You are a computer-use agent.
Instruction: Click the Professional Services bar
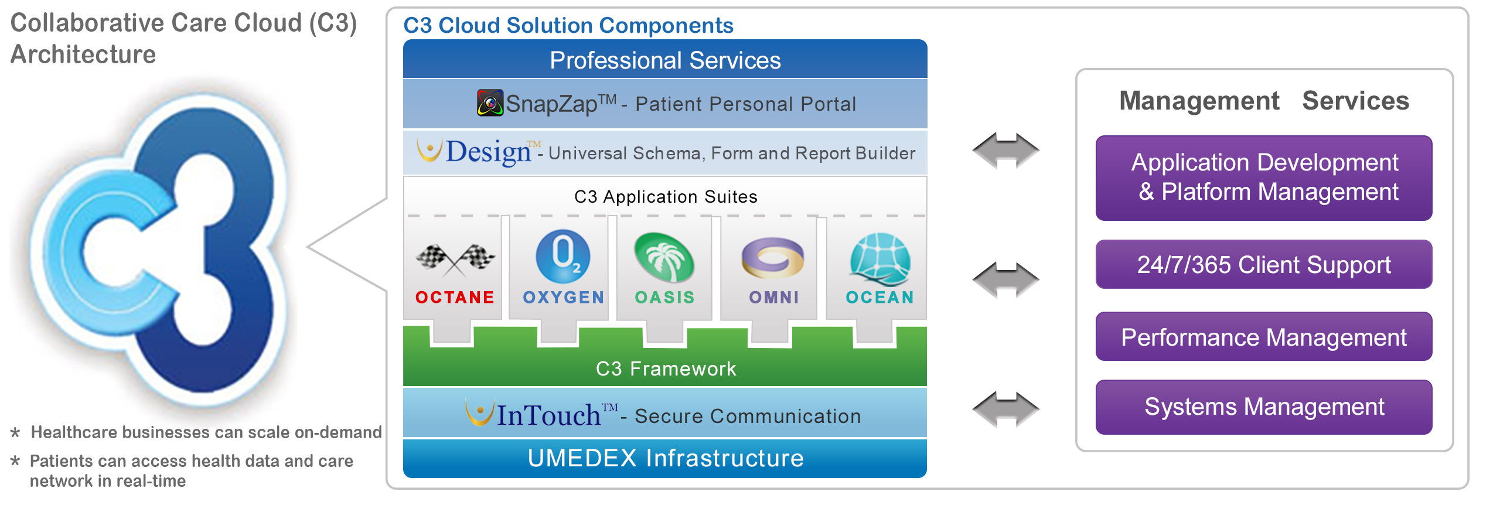tap(665, 60)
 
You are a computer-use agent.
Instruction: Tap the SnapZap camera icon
tap(490, 103)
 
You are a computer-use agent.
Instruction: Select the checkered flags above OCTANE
tap(455, 258)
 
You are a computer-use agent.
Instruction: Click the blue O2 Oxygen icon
tap(562, 256)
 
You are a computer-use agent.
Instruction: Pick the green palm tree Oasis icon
tap(664, 257)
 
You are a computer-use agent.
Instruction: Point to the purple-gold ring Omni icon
tap(773, 257)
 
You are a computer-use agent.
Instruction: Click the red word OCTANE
tap(455, 298)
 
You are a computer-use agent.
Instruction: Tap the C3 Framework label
tap(666, 368)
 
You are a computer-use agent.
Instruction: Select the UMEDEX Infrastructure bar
tap(665, 458)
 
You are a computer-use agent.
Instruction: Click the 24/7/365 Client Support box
tap(1264, 264)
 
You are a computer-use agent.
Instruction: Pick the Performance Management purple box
tap(1264, 337)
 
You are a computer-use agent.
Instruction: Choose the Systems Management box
tap(1264, 407)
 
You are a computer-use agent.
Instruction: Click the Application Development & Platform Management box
tap(1264, 178)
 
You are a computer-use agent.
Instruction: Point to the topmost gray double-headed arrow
tap(1005, 151)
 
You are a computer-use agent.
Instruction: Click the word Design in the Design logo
tap(488, 152)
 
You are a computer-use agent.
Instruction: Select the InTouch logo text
tap(548, 415)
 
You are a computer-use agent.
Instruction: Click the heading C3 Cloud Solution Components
tap(568, 25)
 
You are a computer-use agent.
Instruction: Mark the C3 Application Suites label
tap(666, 197)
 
